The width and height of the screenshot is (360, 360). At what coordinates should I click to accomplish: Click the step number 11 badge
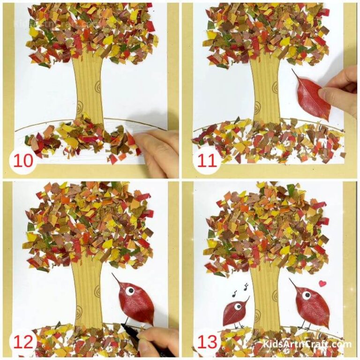(207, 161)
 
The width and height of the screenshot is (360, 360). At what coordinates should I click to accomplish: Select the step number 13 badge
(207, 342)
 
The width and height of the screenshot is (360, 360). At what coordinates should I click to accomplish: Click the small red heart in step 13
(322, 283)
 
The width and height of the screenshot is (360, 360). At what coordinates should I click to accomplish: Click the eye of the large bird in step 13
(306, 295)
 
